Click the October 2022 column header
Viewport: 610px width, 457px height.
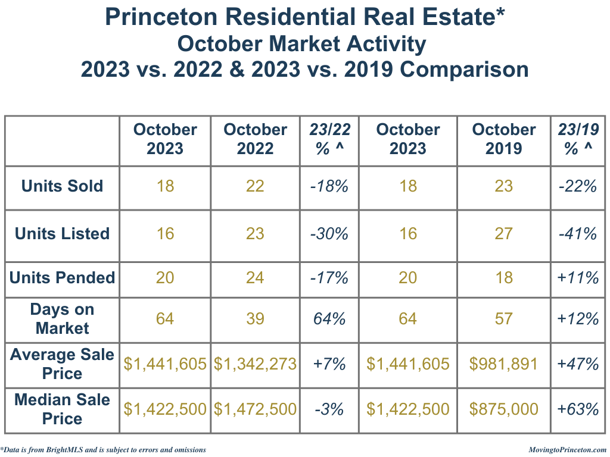pos(255,139)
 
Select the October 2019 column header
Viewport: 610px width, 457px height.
pos(503,139)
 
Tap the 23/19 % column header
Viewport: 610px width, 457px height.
pos(578,139)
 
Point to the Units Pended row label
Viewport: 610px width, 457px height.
pos(62,278)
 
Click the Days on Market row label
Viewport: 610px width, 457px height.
pos(62,319)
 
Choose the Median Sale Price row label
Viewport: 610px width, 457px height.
pos(62,409)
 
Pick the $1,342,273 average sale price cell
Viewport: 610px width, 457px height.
pos(255,364)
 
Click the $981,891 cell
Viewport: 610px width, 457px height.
pos(503,364)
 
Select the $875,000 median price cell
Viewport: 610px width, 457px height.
pos(503,409)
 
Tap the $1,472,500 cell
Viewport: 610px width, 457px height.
pos(255,409)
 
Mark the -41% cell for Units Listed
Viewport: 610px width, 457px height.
pos(578,234)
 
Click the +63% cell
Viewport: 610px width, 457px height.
pos(578,409)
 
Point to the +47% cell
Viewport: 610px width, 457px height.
pos(578,364)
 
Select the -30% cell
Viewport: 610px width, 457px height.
pos(329,234)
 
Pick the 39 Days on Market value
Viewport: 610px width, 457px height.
pos(255,319)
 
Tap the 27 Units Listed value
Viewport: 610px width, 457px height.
pos(503,234)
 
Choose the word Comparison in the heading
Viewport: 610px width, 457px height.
pos(464,70)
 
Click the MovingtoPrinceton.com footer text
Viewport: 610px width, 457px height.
pos(567,450)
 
